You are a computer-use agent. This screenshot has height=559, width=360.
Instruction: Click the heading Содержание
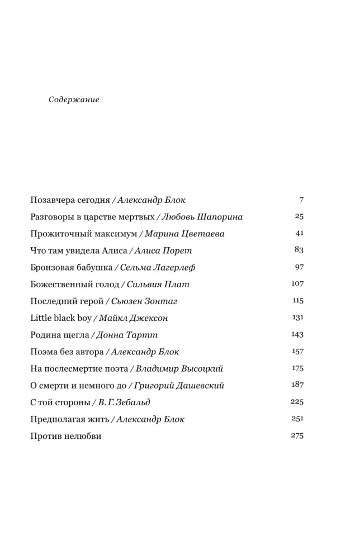(74, 100)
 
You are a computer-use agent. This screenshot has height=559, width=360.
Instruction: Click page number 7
(301, 200)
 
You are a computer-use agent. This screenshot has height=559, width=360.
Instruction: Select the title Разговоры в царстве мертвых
(91, 217)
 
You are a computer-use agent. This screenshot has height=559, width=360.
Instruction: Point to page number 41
(299, 233)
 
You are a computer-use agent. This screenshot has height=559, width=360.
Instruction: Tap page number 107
(297, 283)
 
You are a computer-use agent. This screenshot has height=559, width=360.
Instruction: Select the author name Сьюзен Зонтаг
(144, 301)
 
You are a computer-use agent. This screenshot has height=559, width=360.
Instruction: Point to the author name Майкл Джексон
(134, 318)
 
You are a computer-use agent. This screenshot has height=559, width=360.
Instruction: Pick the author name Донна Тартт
(127, 335)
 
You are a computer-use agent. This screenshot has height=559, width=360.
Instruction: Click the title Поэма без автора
(67, 352)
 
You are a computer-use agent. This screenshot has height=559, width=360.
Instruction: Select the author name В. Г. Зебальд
(124, 402)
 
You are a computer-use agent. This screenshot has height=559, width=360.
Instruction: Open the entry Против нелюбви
(66, 435)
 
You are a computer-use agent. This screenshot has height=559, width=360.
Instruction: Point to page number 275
(297, 435)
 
